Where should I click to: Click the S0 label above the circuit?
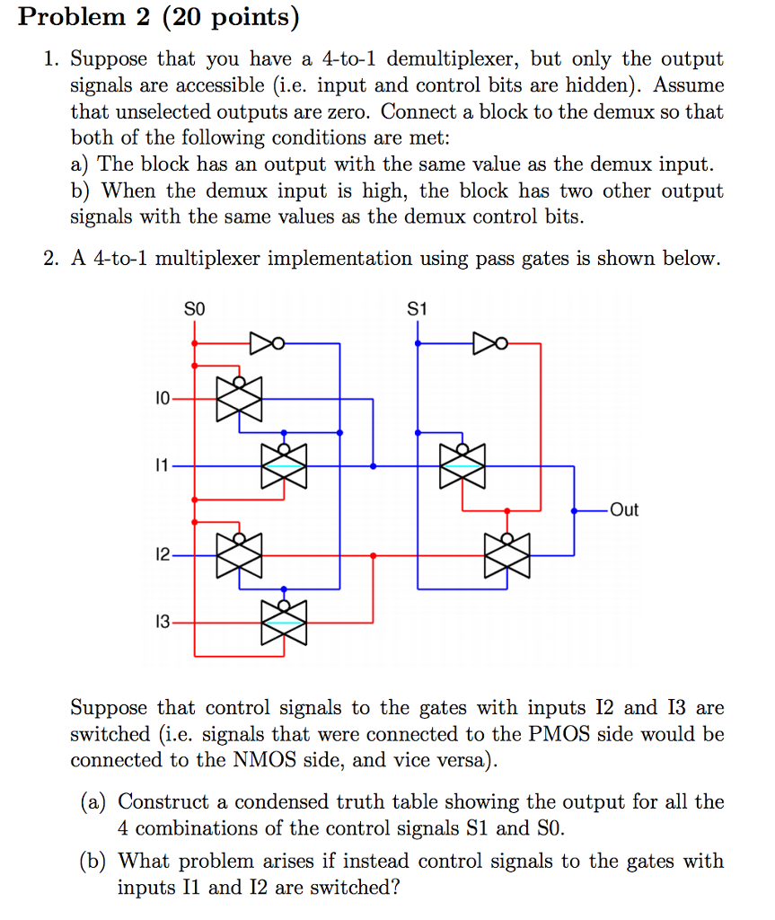coord(195,309)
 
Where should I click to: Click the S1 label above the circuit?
coord(417,309)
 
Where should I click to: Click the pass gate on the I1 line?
coord(284,466)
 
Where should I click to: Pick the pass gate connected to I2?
coord(239,555)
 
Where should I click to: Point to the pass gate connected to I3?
coord(284,622)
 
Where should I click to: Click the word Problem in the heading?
coord(68,17)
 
